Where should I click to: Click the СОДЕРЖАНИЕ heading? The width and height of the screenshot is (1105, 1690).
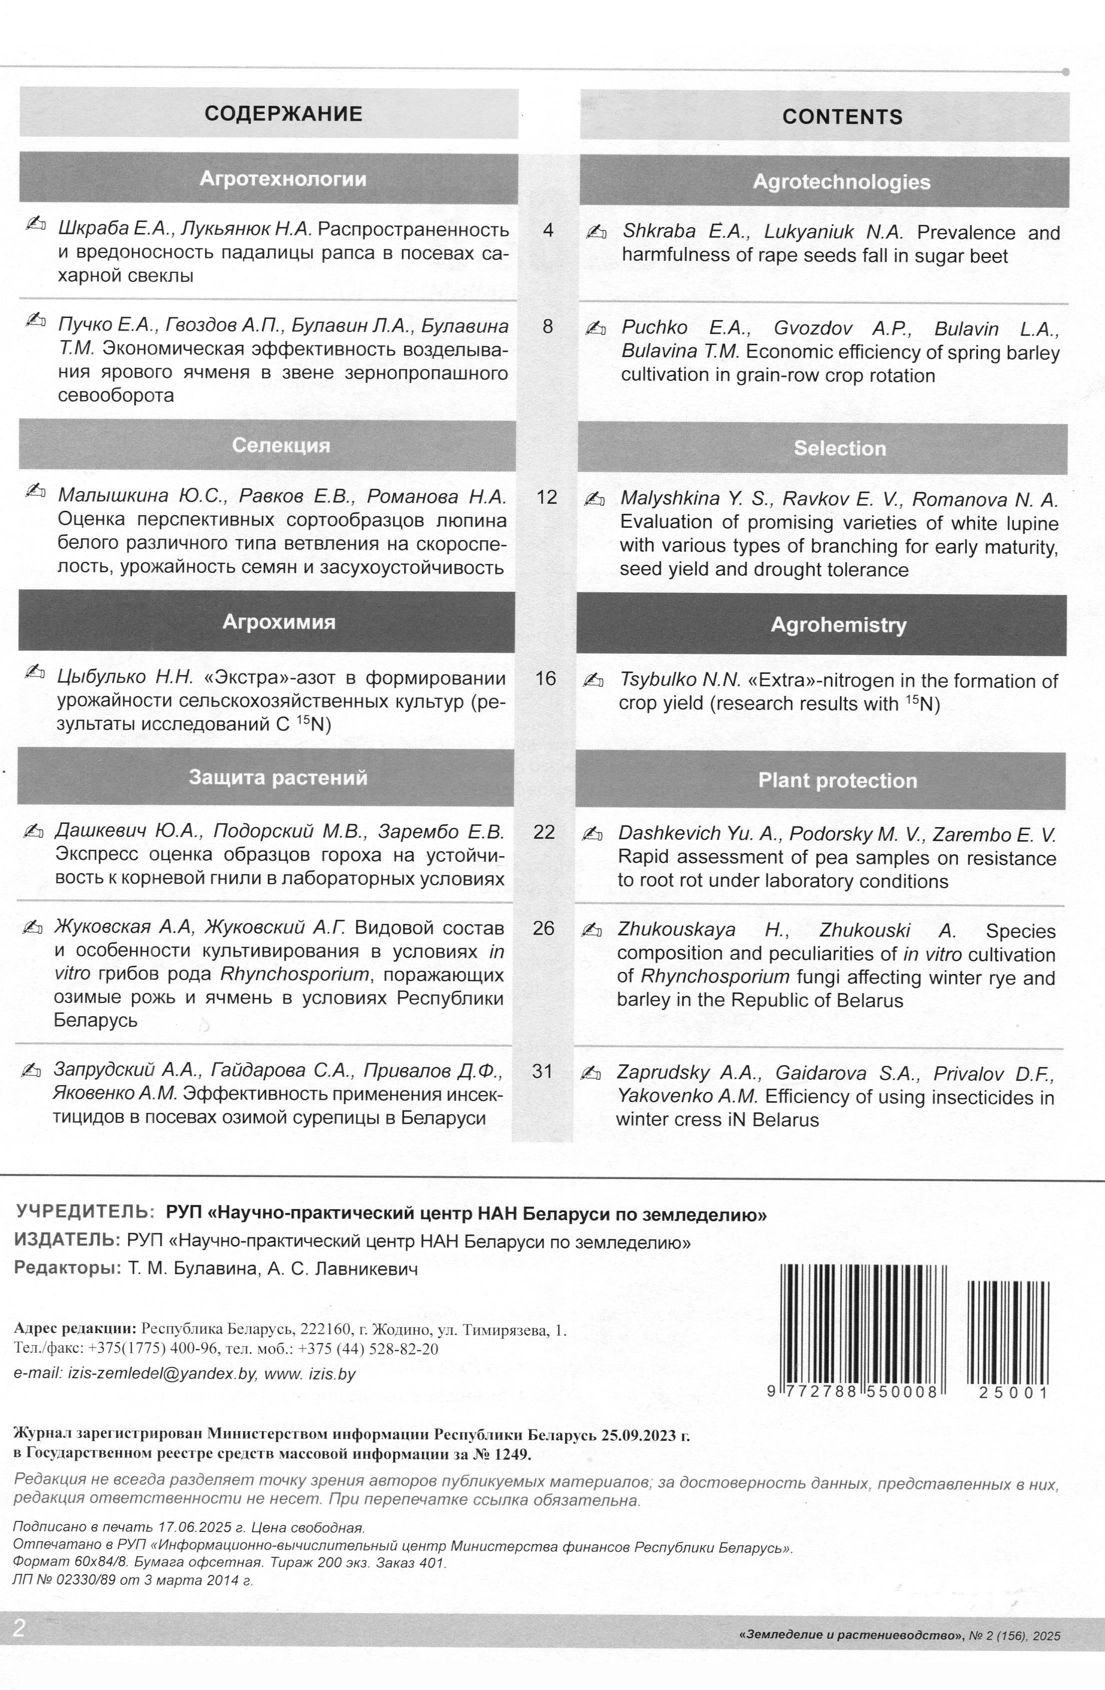tap(283, 113)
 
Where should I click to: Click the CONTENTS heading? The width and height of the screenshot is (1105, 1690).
tap(842, 116)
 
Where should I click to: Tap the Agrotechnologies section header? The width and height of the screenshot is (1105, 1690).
tap(842, 182)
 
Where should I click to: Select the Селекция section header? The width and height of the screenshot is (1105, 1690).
tap(281, 445)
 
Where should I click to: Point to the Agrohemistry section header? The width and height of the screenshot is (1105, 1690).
tap(839, 625)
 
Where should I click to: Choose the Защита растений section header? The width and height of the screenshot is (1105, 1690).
tap(278, 778)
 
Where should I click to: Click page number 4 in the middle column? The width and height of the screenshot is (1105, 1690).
tap(548, 230)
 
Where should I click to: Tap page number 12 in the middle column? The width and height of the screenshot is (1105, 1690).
tap(547, 497)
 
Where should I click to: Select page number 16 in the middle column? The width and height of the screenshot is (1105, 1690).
tap(545, 678)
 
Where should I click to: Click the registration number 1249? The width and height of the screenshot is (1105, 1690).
tap(513, 1454)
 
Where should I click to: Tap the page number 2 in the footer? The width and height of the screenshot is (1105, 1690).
tap(19, 1628)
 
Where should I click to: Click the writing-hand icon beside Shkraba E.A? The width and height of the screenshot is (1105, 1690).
tap(596, 232)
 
